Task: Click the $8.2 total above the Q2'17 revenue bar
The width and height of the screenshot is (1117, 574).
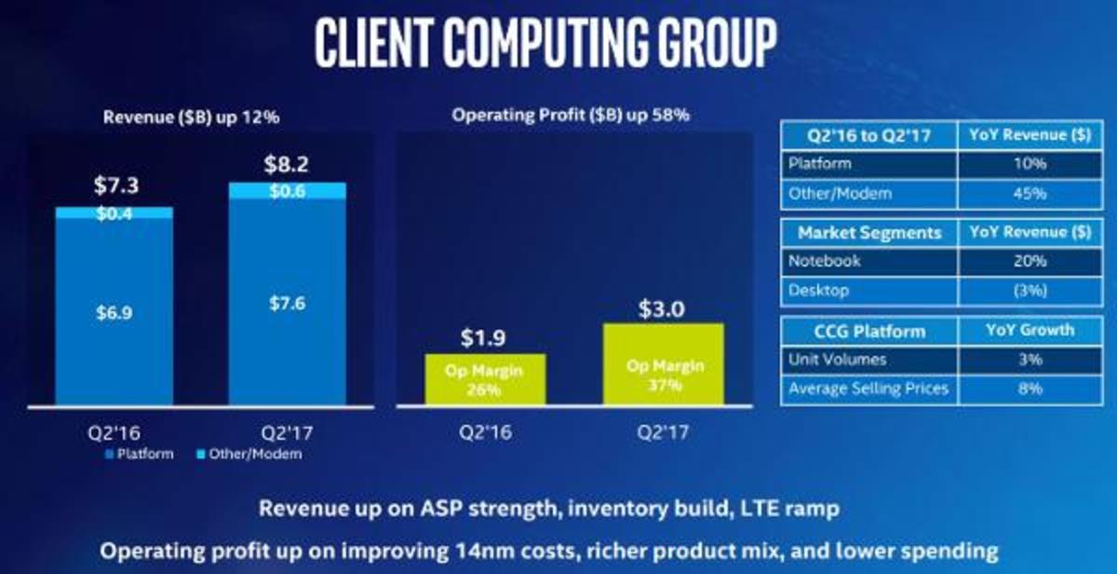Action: (x=287, y=164)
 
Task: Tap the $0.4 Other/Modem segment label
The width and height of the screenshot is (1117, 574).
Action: (x=114, y=213)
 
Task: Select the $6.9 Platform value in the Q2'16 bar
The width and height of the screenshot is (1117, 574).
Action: (x=114, y=313)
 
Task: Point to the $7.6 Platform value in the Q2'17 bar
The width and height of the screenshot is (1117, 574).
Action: (x=288, y=303)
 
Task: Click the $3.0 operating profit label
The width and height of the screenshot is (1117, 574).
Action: (x=662, y=309)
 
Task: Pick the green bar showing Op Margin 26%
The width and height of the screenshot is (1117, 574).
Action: (x=485, y=379)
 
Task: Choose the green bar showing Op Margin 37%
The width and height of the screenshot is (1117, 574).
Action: (x=663, y=363)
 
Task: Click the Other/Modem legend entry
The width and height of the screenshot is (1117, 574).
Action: (x=249, y=454)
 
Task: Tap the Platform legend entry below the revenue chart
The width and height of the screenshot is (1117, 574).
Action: (x=140, y=454)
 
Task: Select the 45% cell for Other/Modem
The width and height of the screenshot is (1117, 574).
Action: (x=1030, y=194)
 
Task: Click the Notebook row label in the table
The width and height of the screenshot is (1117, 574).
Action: (x=825, y=261)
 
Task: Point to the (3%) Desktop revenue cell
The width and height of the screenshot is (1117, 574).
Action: (x=1030, y=291)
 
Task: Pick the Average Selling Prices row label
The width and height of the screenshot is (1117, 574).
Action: (x=868, y=389)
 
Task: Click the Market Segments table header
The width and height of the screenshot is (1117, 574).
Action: (x=869, y=233)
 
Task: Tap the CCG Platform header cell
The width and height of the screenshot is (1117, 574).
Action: (x=869, y=332)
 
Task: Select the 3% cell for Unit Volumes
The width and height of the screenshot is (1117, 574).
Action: (x=1030, y=360)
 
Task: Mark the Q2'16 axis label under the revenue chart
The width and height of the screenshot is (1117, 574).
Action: (x=114, y=432)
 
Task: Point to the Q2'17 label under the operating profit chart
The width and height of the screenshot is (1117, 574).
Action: (x=663, y=431)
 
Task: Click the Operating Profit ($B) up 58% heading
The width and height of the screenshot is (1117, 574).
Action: (x=571, y=116)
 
